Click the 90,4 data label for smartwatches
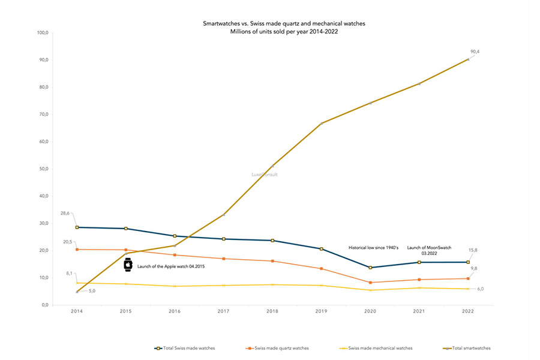click(475, 52)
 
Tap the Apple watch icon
click(128, 265)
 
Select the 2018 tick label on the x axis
click(272, 311)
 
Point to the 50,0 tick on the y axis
click(44, 169)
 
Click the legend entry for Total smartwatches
click(467, 348)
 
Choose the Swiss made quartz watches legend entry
click(277, 348)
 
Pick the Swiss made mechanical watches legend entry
click(376, 348)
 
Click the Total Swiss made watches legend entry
click(185, 348)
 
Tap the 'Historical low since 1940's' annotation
click(373, 248)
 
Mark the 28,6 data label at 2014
click(65, 213)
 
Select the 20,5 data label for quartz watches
click(67, 242)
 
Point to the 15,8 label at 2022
click(473, 250)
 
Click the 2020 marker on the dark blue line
click(370, 268)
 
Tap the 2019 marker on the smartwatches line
click(322, 124)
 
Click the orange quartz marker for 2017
click(224, 259)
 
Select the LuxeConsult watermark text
click(265, 175)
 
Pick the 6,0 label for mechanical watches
click(481, 289)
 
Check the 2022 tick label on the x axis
click(468, 311)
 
